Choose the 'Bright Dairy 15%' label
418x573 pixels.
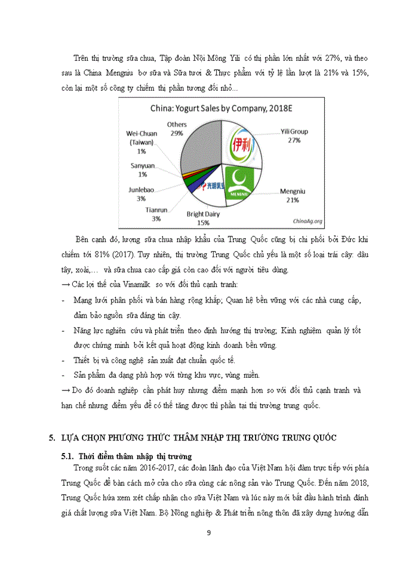(x=203, y=218)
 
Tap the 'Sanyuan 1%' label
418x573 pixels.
(x=143, y=170)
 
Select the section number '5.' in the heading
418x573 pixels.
(x=53, y=438)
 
